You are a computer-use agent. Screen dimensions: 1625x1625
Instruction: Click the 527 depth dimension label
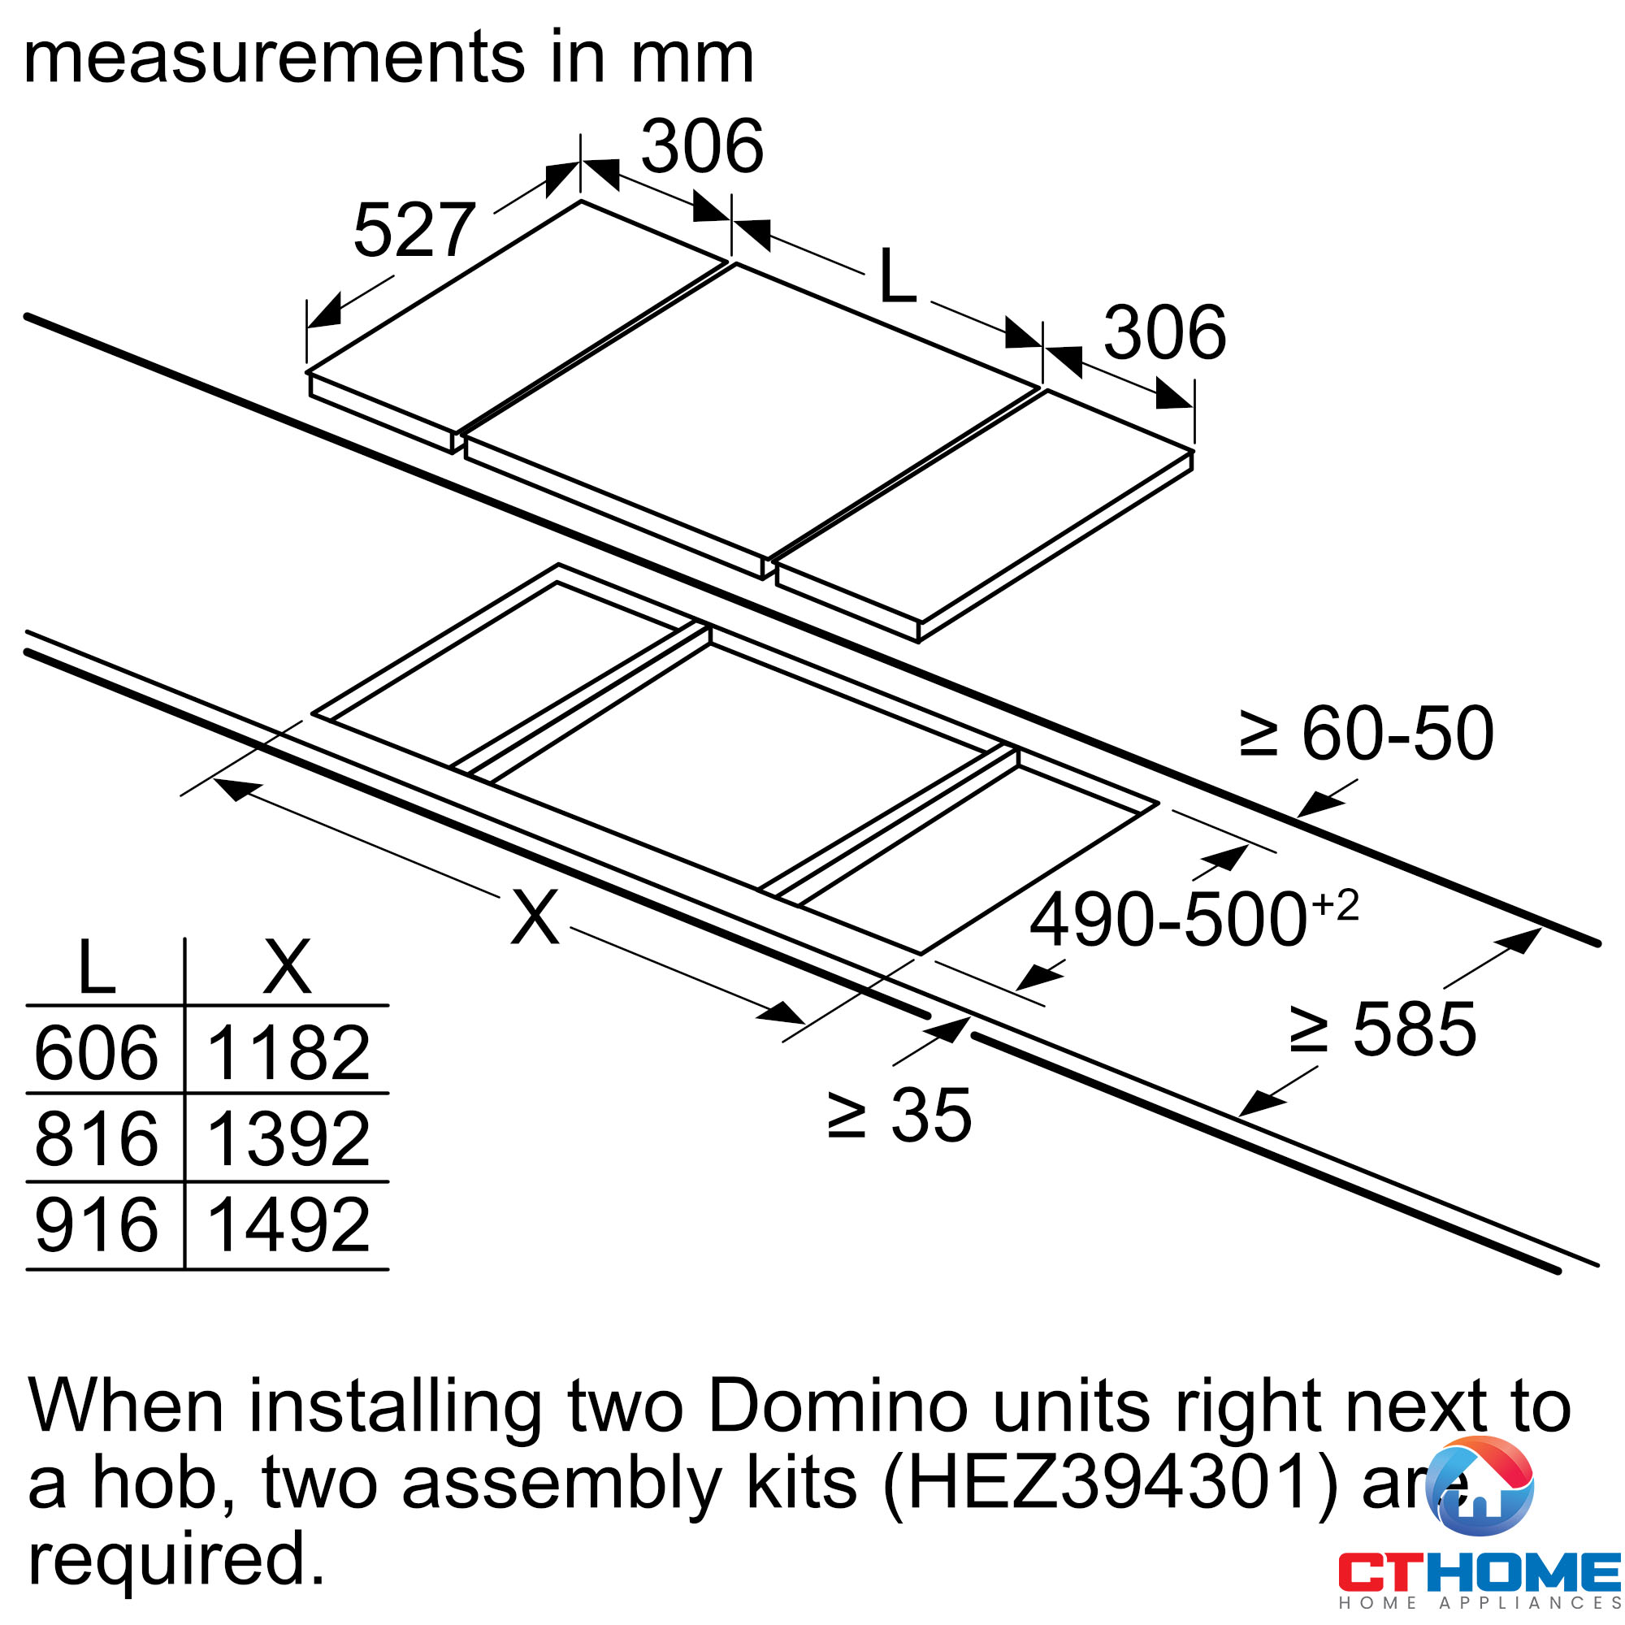(414, 230)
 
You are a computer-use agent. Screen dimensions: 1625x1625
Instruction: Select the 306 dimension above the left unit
(702, 146)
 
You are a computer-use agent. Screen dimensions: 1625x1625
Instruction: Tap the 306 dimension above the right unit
(1165, 332)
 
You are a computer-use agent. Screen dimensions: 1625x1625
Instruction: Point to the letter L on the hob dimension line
(897, 276)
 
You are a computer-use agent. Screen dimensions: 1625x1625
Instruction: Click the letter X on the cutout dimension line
(535, 917)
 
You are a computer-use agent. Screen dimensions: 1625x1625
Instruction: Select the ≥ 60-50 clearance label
(1366, 734)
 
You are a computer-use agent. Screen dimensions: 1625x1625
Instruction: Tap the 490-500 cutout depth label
(1194, 918)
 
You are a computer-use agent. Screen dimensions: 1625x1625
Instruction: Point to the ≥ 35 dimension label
(899, 1116)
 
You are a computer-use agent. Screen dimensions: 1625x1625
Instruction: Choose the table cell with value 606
(96, 1052)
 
